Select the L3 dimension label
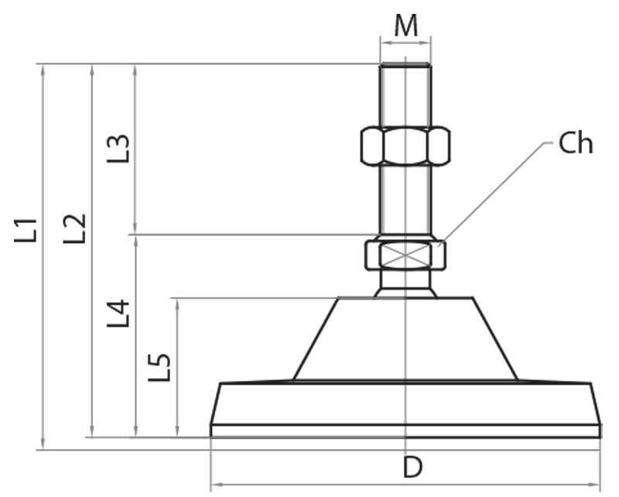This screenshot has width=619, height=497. point(118,148)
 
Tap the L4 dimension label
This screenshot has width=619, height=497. point(118,313)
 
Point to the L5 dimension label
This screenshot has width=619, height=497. point(159,367)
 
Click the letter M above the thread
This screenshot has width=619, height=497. point(405,26)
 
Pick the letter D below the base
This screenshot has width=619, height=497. point(412,467)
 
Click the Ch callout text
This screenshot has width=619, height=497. point(575,144)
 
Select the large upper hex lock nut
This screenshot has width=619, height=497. point(405,145)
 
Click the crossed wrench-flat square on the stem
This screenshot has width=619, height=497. point(405,255)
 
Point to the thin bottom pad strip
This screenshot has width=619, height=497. point(405,431)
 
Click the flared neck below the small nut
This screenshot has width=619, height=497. point(405,285)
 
